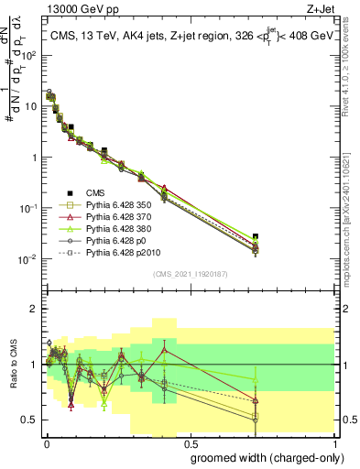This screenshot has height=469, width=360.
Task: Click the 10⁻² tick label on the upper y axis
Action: (28, 259)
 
